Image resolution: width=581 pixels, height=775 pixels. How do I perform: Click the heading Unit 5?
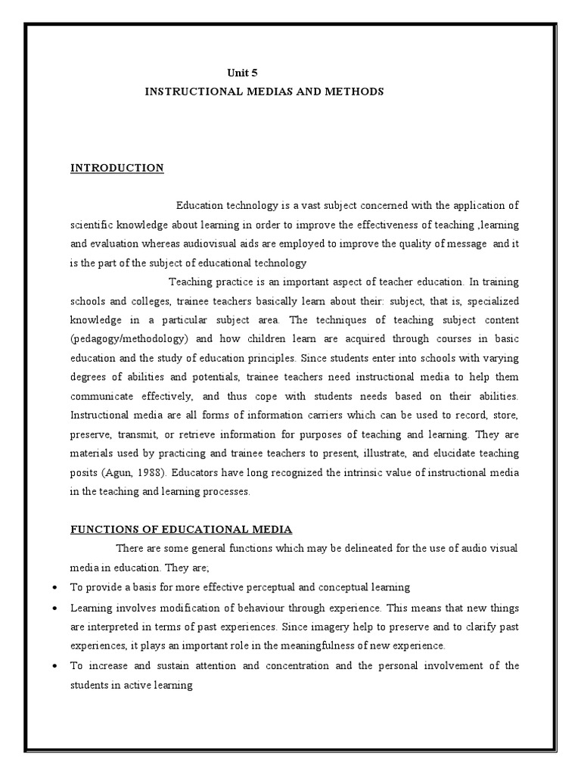click(243, 73)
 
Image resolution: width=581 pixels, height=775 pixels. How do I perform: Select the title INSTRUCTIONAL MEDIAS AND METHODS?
click(264, 91)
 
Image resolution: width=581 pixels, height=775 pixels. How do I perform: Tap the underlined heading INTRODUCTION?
click(117, 168)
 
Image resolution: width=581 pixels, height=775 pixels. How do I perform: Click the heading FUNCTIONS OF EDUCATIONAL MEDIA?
click(181, 529)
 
